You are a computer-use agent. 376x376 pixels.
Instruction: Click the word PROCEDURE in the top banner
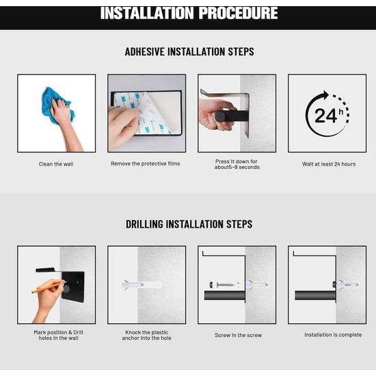click(x=238, y=13)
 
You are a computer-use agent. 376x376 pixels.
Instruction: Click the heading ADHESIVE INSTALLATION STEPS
click(x=189, y=51)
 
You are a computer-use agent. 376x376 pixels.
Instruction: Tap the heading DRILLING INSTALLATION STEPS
click(x=189, y=224)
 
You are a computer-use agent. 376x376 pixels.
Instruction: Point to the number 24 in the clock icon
click(x=326, y=116)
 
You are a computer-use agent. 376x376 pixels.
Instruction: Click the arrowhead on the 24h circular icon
click(x=325, y=95)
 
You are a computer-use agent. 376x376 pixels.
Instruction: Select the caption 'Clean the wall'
click(x=56, y=164)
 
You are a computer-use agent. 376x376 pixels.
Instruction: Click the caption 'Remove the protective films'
click(x=146, y=163)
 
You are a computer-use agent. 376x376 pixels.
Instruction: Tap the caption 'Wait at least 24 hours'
click(x=329, y=164)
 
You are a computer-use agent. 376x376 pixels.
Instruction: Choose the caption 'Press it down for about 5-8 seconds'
click(x=237, y=164)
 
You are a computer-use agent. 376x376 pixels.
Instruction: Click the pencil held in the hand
click(x=49, y=287)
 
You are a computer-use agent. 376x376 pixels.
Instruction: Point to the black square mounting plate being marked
click(x=73, y=286)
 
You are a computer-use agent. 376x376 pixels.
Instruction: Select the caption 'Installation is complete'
click(x=333, y=334)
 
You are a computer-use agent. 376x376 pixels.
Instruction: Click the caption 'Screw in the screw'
click(x=238, y=335)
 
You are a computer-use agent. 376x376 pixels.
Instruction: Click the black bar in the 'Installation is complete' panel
click(x=315, y=295)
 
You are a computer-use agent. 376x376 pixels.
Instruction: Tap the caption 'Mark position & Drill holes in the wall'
click(x=59, y=335)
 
